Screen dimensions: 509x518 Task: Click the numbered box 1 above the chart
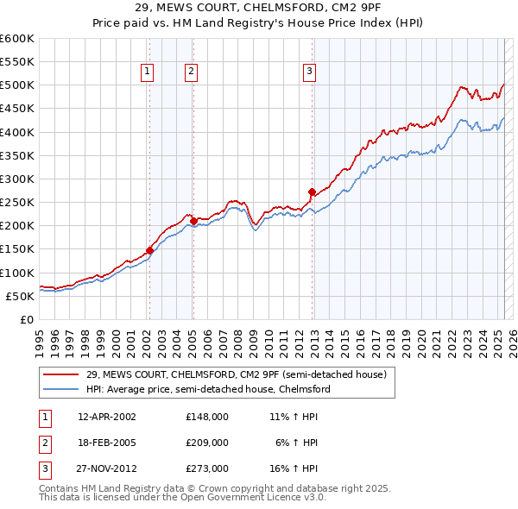pos(148,72)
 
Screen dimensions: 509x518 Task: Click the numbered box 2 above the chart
pos(191,72)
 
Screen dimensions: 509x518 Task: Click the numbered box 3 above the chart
pos(309,72)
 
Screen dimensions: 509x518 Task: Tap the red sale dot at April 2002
pos(149,250)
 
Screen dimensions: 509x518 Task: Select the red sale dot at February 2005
pos(193,222)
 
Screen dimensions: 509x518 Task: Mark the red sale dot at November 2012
pos(312,192)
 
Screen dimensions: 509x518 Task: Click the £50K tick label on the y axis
pos(20,296)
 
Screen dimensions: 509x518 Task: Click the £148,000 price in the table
pos(206,416)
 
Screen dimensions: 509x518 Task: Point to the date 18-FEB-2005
pos(107,443)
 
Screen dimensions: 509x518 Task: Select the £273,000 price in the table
pos(206,469)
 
